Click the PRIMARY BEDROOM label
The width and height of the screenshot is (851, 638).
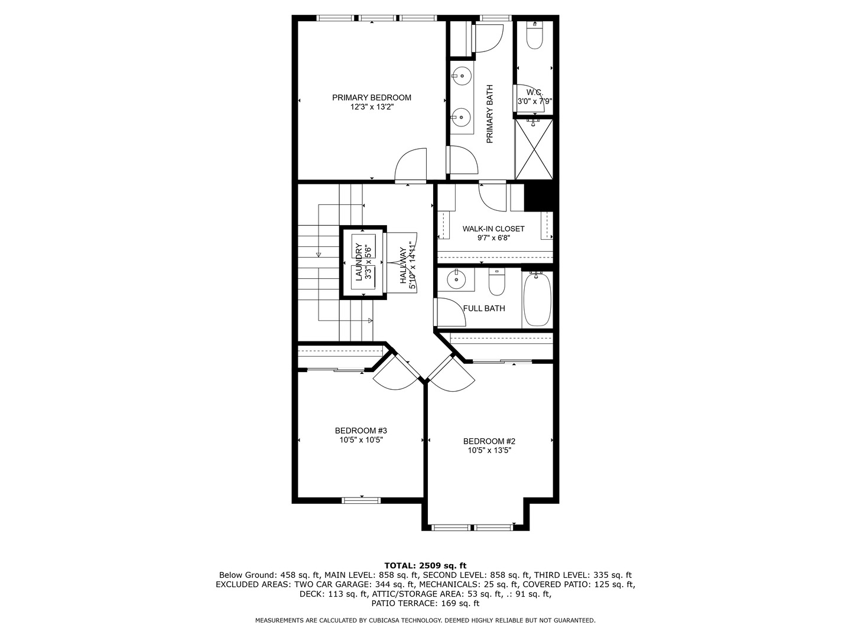371,97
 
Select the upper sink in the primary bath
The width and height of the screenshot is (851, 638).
461,76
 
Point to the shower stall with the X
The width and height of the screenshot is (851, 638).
534,149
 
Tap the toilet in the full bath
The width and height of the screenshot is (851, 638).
496,284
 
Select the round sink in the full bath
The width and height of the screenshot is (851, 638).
456,279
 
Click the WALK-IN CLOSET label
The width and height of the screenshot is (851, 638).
493,229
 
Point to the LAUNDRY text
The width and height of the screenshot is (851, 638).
358,261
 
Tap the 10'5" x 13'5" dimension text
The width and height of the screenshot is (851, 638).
489,450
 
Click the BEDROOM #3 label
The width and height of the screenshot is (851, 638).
360,431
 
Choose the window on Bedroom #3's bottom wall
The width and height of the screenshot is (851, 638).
361,500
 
